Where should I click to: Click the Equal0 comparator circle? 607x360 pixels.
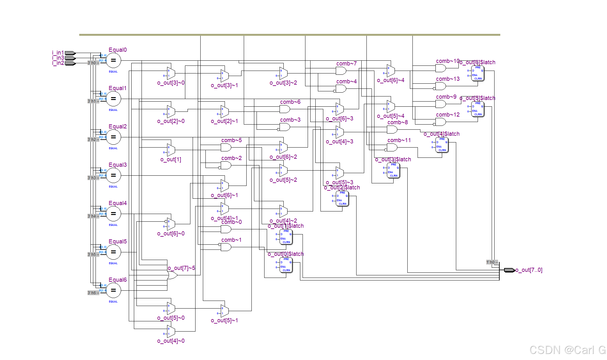pyautogui.click(x=113, y=60)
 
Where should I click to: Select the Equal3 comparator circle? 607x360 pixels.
pyautogui.click(x=113, y=175)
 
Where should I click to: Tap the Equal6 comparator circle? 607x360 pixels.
pyautogui.click(x=113, y=290)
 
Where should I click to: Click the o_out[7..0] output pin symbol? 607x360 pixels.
pyautogui.click(x=509, y=270)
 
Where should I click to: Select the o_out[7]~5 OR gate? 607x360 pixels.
pyautogui.click(x=173, y=275)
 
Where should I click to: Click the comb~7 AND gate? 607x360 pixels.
pyautogui.click(x=341, y=71)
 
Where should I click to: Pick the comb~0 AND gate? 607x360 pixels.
pyautogui.click(x=226, y=229)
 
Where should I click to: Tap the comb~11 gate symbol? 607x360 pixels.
pyautogui.click(x=392, y=147)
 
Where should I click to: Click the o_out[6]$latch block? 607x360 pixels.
pyautogui.click(x=478, y=73)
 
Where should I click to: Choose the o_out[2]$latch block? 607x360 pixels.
pyautogui.click(x=342, y=198)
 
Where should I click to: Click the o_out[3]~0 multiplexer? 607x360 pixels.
pyautogui.click(x=171, y=73)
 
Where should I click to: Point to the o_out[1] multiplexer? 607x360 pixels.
pyautogui.click(x=171, y=150)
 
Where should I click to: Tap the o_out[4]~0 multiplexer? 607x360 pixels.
pyautogui.click(x=171, y=331)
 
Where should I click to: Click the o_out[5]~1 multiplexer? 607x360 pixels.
pyautogui.click(x=225, y=311)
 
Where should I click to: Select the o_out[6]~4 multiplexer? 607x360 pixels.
pyautogui.click(x=391, y=71)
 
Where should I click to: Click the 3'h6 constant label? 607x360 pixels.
pyautogui.click(x=92, y=293)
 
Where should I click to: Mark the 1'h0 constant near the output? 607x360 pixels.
pyautogui.click(x=490, y=262)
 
